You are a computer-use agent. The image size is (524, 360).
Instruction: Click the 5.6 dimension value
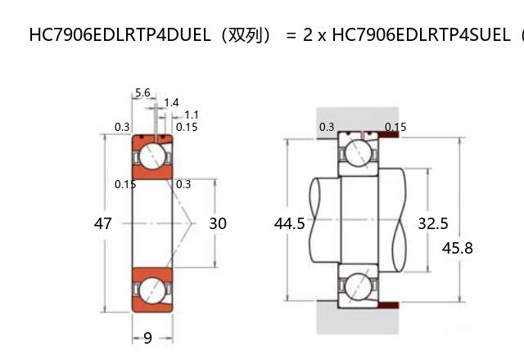click(x=142, y=93)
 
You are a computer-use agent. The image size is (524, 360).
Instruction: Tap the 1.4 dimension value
click(x=171, y=103)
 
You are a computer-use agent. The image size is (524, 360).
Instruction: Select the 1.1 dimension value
click(x=192, y=115)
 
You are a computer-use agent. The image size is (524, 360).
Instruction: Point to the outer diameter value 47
click(x=103, y=223)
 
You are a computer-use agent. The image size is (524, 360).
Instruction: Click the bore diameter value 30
click(x=218, y=223)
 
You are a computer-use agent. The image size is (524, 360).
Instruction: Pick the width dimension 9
click(x=147, y=337)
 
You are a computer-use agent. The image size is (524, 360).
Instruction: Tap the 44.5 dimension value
click(x=290, y=223)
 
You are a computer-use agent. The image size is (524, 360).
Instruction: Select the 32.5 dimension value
click(x=433, y=223)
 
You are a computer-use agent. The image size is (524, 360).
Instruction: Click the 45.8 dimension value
click(x=457, y=247)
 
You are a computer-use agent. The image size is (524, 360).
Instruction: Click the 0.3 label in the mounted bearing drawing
click(x=327, y=127)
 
